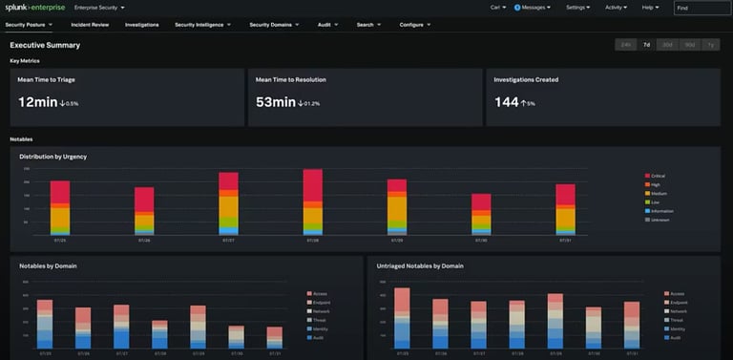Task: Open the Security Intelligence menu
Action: tap(202, 25)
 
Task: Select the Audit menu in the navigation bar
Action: tap(327, 25)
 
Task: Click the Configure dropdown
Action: tap(414, 25)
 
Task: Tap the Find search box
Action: tap(702, 8)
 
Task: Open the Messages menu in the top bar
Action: tap(533, 7)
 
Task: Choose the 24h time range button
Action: tap(626, 44)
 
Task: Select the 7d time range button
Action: tap(647, 44)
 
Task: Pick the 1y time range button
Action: tap(709, 44)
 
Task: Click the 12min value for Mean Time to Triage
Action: tap(38, 102)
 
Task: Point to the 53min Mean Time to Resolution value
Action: tap(276, 102)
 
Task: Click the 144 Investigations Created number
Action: tap(506, 102)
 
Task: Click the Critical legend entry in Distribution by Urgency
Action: tap(658, 176)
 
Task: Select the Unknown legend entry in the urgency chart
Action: tap(658, 220)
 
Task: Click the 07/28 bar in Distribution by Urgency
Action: tap(313, 201)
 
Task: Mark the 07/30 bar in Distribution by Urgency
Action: tap(481, 215)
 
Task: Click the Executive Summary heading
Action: tap(45, 45)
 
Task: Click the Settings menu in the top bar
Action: tap(577, 7)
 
